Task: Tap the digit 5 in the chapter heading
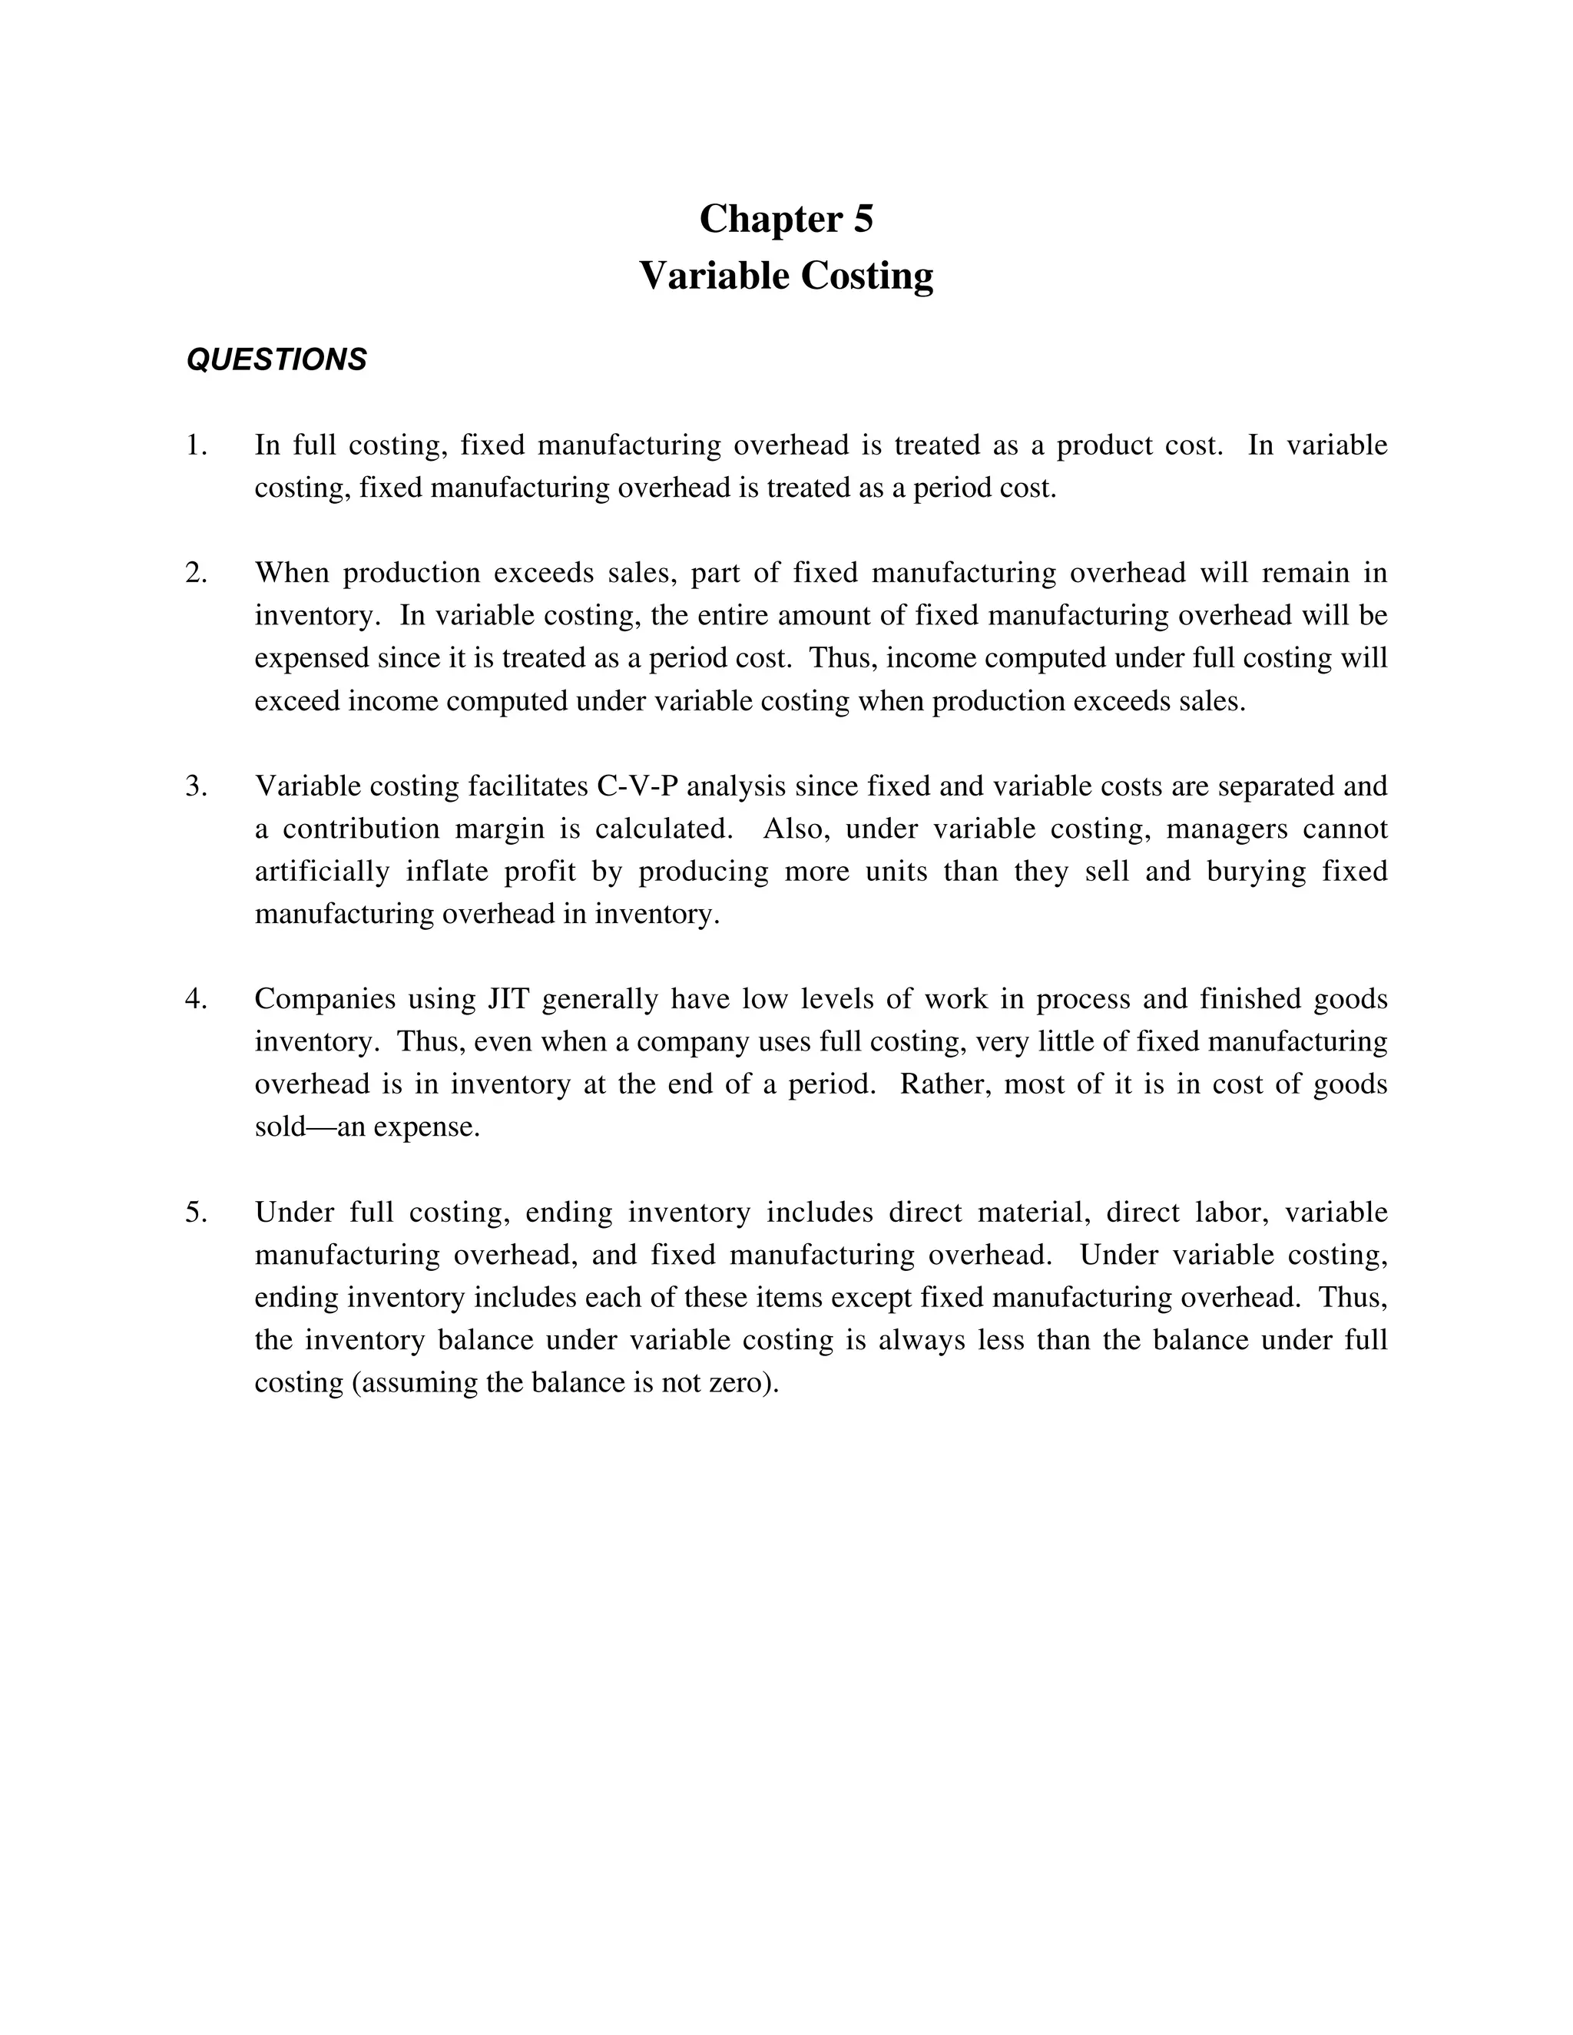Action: (x=863, y=219)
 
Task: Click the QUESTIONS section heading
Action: (x=277, y=359)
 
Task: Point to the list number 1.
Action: (x=196, y=445)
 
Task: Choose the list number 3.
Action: (x=196, y=786)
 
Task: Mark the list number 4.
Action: (x=196, y=999)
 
